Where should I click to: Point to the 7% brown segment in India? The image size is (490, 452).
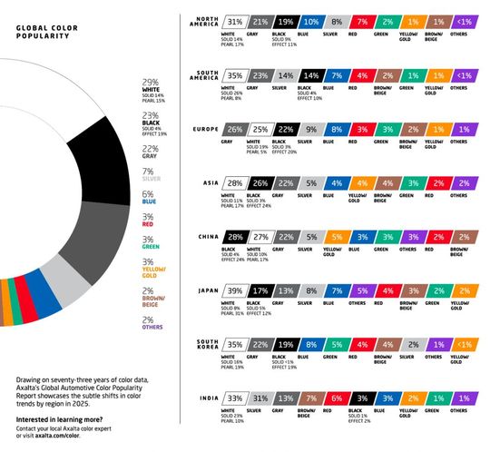(311, 399)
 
